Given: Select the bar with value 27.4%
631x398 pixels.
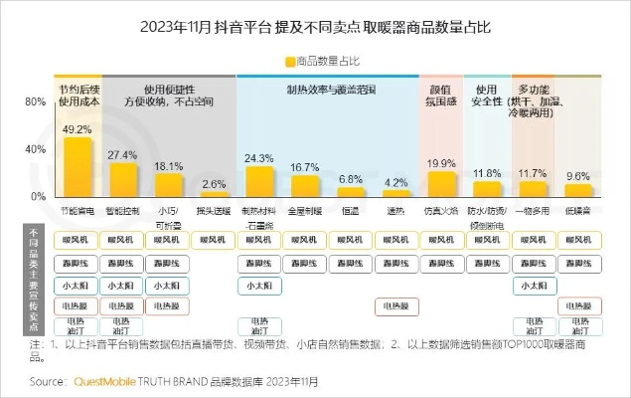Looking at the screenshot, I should [123, 180].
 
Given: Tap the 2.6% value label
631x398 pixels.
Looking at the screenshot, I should [214, 183].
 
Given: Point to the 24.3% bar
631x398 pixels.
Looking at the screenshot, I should [259, 182].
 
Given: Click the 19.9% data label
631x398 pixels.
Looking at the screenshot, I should [440, 163].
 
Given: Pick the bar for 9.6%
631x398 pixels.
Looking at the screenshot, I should [577, 190].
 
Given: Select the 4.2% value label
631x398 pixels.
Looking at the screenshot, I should [395, 182].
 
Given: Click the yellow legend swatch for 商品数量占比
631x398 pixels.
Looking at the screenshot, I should [291, 61].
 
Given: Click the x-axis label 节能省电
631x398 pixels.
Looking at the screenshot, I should [77, 211].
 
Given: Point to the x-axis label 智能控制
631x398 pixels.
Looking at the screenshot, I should [123, 211].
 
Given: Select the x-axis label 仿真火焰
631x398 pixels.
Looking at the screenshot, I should [440, 211].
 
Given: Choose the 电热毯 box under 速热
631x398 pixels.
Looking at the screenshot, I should [395, 305].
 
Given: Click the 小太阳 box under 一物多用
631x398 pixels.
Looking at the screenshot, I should [533, 285].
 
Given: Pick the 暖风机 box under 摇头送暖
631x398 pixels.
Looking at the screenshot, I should [214, 240].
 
